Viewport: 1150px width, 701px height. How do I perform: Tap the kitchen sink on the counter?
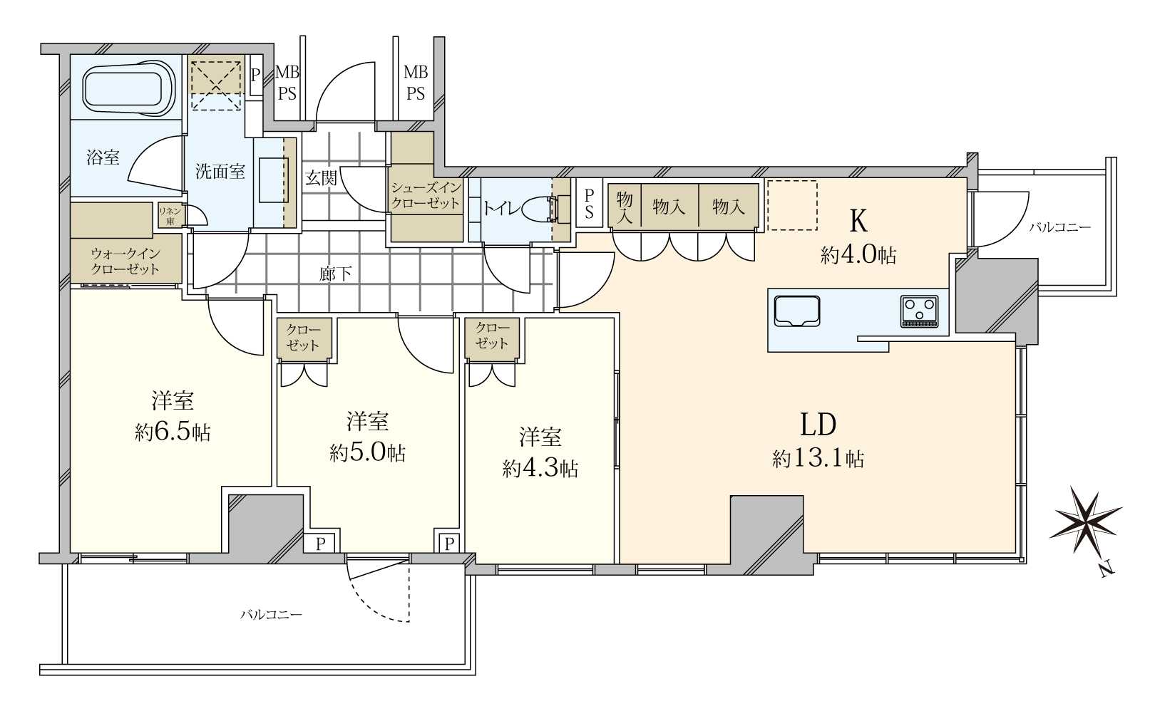click(797, 311)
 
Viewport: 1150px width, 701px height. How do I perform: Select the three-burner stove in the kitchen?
click(919, 311)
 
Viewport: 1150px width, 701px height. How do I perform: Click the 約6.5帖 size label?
click(173, 433)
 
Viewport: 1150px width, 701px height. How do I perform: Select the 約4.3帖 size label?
click(540, 469)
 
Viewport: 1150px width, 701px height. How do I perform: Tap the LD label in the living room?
click(818, 425)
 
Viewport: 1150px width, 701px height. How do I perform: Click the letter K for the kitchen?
click(858, 222)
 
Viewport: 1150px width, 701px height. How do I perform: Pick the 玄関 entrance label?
click(322, 178)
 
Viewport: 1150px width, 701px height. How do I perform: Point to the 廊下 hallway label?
click(336, 274)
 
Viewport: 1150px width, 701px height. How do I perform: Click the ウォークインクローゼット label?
click(125, 261)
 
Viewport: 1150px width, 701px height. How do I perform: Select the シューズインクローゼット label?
click(426, 195)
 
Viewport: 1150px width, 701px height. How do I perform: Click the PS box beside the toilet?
click(590, 203)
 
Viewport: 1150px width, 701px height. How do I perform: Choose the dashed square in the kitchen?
click(792, 205)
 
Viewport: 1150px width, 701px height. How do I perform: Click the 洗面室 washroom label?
click(220, 172)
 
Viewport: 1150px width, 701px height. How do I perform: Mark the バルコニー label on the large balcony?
click(272, 614)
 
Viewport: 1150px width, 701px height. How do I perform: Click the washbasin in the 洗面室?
click(274, 180)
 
